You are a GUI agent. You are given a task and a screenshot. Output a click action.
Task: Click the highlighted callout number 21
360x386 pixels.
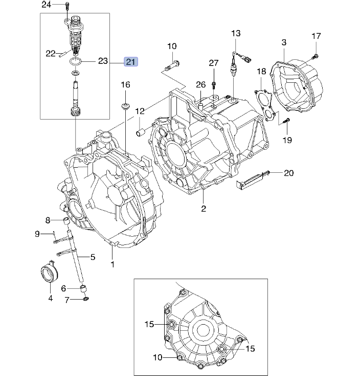(x=131, y=61)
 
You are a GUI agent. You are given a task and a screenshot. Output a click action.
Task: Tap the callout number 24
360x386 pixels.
(x=47, y=5)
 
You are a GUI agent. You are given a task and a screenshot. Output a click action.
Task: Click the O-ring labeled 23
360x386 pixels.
(x=75, y=61)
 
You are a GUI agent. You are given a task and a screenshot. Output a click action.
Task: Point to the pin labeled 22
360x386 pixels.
(x=64, y=54)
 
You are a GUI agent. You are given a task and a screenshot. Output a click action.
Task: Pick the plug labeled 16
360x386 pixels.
(x=125, y=106)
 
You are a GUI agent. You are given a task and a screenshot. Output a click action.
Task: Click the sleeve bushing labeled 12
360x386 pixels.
(x=141, y=131)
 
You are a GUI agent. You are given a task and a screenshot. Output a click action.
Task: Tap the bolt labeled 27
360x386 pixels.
(x=214, y=86)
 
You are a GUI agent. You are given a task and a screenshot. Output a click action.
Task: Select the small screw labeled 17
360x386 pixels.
(x=316, y=57)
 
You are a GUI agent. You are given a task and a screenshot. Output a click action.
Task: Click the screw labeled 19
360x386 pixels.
(x=286, y=121)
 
